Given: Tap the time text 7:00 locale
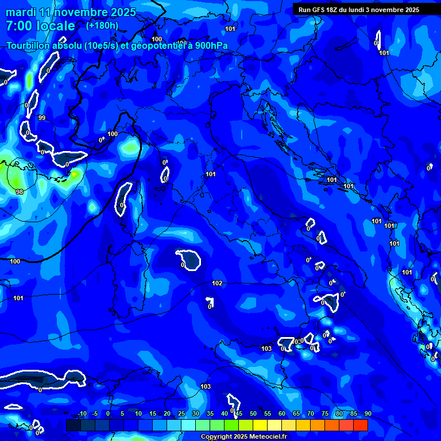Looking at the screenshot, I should [x=40, y=26].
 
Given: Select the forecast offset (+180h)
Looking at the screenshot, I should [x=102, y=25].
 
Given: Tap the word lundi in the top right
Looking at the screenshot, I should [x=364, y=10].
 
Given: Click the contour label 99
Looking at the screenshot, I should [x=42, y=118].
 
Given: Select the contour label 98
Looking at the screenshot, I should [x=20, y=192].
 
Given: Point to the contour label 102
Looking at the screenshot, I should [x=217, y=283].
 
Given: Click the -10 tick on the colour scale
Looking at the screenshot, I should [x=82, y=414].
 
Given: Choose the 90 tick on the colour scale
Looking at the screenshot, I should [x=367, y=414].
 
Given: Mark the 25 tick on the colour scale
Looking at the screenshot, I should [x=181, y=414].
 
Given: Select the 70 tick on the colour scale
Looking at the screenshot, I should [x=311, y=414].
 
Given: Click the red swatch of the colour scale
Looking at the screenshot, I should [x=361, y=425].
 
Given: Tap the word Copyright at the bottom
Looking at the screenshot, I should [x=217, y=437].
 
